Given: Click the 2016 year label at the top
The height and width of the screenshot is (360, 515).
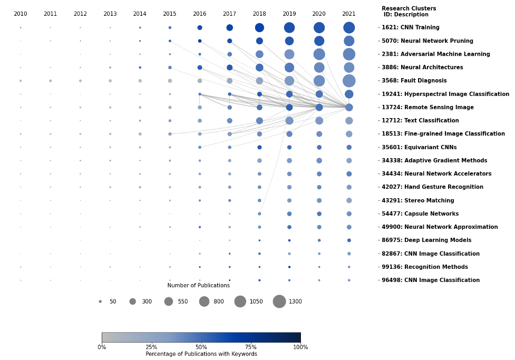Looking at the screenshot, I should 199,14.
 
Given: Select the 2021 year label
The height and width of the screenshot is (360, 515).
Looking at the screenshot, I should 348,14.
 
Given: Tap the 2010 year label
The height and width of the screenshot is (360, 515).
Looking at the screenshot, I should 21,14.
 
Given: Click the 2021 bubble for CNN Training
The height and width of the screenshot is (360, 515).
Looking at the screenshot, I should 349,27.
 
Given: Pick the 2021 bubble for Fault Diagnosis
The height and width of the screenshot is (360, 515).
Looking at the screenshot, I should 349,81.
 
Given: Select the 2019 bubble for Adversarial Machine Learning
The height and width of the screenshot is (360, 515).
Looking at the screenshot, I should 289,54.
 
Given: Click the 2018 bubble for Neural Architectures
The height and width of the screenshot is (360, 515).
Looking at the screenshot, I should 259,67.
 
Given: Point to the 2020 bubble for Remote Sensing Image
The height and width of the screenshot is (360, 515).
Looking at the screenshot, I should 319,107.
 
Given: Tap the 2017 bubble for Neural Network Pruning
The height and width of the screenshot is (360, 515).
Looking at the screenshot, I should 229,41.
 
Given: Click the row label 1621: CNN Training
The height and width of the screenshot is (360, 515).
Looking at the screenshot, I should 410,27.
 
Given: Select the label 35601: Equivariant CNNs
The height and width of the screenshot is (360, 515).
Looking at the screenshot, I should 419,148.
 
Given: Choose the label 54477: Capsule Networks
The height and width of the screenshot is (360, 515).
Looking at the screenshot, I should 420,214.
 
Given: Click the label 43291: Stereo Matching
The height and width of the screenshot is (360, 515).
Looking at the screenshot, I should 417,201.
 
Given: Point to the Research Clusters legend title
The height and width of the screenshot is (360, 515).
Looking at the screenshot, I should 409,12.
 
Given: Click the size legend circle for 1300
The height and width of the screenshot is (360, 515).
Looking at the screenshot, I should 279,301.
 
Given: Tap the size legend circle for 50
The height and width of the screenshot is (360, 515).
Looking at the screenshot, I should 100,301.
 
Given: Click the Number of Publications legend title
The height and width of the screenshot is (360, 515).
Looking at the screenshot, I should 198,286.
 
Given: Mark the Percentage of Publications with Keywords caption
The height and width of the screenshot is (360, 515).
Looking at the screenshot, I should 201,354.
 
